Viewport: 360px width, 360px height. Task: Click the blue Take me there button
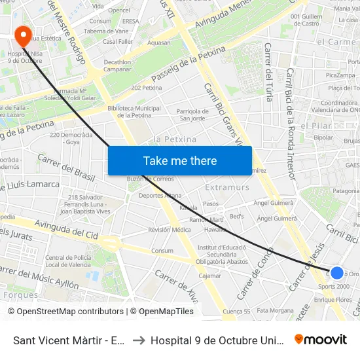[179, 160]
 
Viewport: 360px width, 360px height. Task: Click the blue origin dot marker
[336, 273]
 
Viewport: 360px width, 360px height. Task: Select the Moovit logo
[321, 339]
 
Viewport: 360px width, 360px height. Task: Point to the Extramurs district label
[227, 187]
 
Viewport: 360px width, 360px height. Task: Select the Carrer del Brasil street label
[66, 168]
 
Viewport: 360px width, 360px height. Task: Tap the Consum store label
[162, 251]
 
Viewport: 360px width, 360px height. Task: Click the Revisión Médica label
[169, 230]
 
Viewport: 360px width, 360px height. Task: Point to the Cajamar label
[210, 276]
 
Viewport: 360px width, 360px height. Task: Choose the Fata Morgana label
[276, 310]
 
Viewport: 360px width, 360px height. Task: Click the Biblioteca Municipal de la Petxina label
[134, 111]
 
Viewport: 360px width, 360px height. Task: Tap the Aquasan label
[159, 43]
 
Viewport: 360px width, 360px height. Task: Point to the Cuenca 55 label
[236, 312]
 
